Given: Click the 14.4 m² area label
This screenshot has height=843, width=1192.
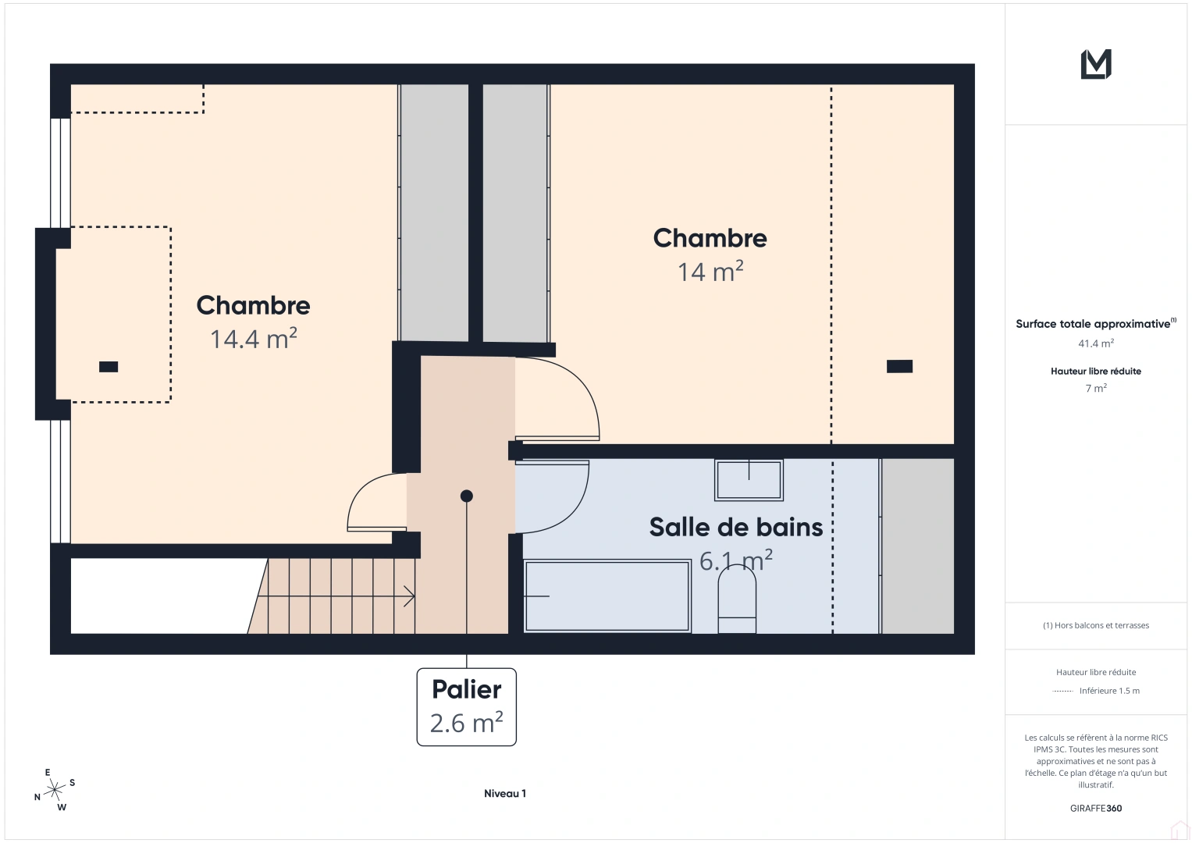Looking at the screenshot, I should click(x=254, y=339).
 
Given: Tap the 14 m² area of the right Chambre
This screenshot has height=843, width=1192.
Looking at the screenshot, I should click(x=710, y=272).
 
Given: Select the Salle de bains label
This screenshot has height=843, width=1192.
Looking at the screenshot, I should click(x=735, y=528).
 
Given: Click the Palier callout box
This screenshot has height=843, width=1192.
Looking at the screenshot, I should click(x=467, y=706).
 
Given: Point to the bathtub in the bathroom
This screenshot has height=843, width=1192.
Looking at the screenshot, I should click(x=607, y=596).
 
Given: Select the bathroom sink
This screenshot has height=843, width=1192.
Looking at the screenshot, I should click(x=749, y=479).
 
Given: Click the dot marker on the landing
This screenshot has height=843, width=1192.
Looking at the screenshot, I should click(x=467, y=496).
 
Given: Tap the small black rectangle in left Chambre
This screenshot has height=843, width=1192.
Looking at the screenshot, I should click(x=109, y=367).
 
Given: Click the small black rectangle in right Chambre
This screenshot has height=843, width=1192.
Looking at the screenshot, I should click(x=899, y=367).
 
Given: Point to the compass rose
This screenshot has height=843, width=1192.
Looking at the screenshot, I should click(x=55, y=791).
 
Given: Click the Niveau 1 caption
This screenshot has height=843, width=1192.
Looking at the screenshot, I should click(x=505, y=794).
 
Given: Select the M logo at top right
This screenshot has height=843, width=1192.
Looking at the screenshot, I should click(x=1096, y=64).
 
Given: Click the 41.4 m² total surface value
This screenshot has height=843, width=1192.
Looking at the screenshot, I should click(x=1096, y=343).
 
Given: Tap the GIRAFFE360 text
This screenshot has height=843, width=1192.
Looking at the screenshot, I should click(x=1096, y=809).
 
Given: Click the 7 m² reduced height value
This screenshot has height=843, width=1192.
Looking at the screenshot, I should click(x=1096, y=388).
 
